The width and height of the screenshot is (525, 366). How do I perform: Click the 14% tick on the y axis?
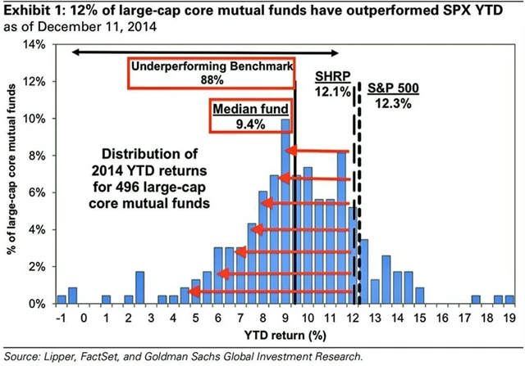pos(35,44)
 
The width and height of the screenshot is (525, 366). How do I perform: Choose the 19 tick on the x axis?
pos(509,319)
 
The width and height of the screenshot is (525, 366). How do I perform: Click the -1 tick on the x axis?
pos(60,319)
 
